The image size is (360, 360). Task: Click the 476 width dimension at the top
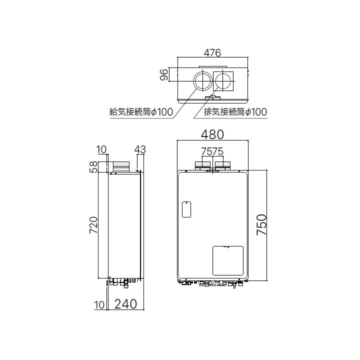tap(211, 52)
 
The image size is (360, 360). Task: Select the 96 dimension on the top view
tap(163, 75)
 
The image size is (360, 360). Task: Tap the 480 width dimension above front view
tap(212, 135)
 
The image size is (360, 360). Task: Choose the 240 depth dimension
tap(125, 304)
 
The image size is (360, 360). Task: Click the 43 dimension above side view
tap(140, 149)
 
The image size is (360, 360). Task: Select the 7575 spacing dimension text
tap(212, 151)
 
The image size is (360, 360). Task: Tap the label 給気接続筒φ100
tap(141, 112)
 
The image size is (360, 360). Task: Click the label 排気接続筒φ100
tap(235, 112)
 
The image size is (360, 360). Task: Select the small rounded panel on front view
tap(185, 209)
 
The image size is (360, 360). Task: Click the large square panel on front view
tap(227, 261)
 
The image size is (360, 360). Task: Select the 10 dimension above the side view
tap(102, 149)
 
